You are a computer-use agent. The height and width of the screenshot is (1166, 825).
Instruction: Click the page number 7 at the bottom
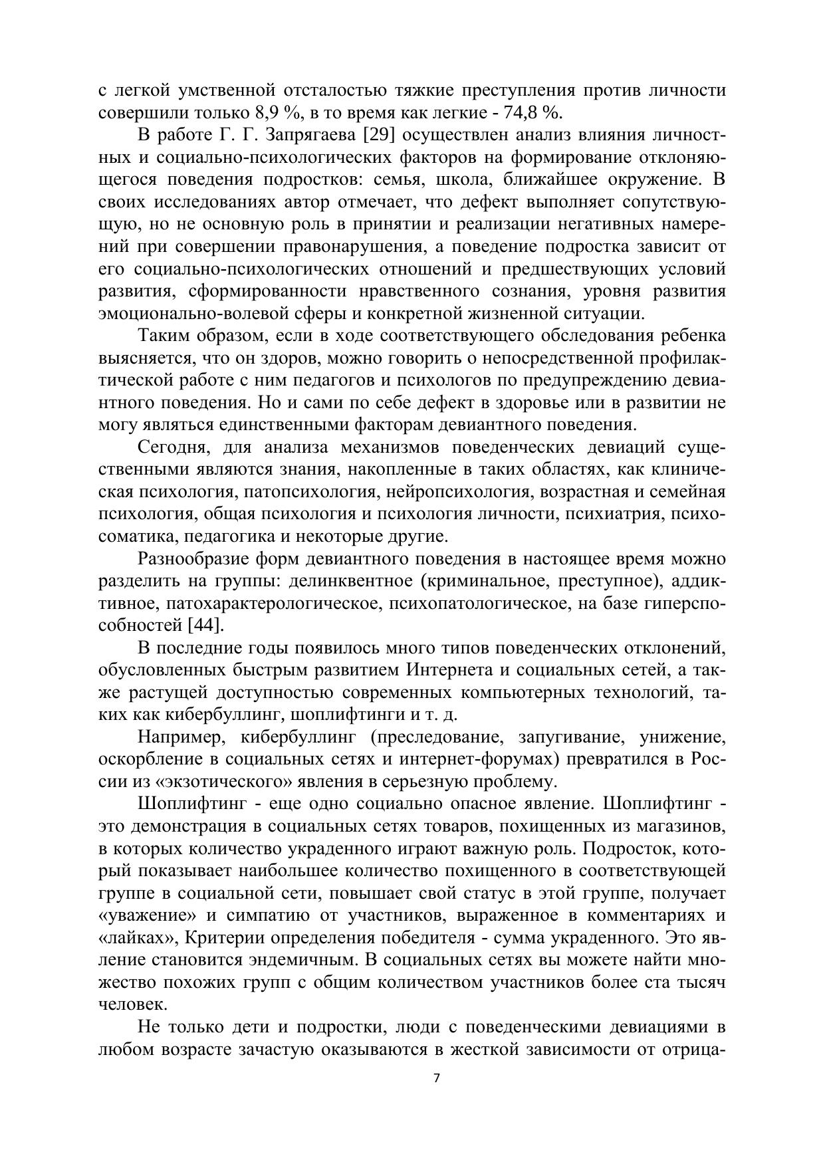436,1078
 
